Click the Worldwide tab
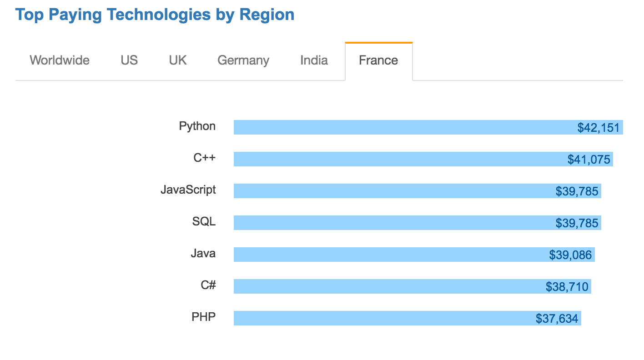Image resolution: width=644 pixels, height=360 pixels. click(60, 60)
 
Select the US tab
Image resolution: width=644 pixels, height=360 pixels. click(129, 60)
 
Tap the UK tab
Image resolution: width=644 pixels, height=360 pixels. click(178, 60)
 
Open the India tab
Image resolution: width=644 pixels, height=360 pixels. click(314, 60)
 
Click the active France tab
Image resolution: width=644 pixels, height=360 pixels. click(378, 60)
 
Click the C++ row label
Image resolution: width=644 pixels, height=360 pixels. click(204, 158)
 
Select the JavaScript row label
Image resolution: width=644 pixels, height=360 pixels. click(188, 190)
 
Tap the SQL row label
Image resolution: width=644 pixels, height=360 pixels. click(204, 221)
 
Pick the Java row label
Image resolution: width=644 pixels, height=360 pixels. click(203, 253)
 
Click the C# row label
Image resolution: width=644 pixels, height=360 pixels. click(208, 285)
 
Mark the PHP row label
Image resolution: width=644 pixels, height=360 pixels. click(204, 317)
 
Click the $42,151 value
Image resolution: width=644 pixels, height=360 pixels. click(598, 128)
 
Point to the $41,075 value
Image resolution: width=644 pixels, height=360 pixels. click(589, 160)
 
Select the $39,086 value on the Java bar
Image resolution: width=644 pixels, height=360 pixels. click(570, 255)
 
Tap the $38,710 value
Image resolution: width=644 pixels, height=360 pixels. click(567, 287)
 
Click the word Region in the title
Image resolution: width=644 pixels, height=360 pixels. click(267, 15)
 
